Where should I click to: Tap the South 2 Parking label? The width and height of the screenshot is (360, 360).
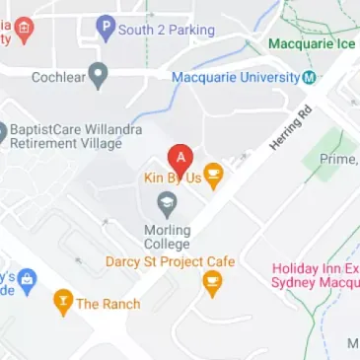tap(167, 31)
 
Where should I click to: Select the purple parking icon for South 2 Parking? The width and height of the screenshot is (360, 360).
tap(106, 29)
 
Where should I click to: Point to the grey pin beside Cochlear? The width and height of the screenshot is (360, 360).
tap(98, 74)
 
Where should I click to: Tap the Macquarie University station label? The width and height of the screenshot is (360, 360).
tap(236, 77)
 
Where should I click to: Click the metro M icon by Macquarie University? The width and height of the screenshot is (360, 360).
tap(311, 77)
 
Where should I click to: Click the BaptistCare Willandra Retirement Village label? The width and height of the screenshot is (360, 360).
tap(76, 136)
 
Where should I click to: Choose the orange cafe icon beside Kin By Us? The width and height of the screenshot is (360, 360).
tap(212, 177)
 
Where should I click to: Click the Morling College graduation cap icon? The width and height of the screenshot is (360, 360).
tap(167, 205)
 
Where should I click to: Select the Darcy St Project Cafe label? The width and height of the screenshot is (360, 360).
tap(171, 261)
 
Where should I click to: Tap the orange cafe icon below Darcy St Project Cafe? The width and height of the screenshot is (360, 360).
tap(211, 284)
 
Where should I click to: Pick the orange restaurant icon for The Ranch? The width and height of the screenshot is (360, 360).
tap(63, 302)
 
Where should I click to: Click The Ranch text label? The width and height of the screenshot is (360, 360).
tap(108, 304)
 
